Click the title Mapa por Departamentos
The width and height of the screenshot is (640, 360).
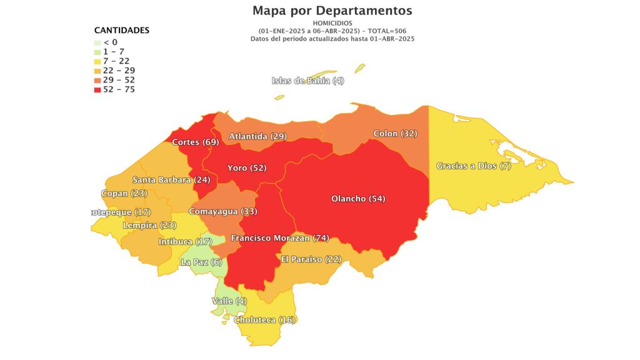pyautogui.click(x=332, y=11)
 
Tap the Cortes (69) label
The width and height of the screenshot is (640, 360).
pyautogui.click(x=195, y=142)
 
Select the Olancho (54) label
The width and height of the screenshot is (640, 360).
pyautogui.click(x=358, y=199)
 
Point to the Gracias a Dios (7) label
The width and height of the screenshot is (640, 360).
pyautogui.click(x=474, y=166)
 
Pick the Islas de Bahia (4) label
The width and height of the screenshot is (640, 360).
pyautogui.click(x=308, y=81)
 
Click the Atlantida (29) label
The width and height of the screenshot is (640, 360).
pyautogui.click(x=257, y=136)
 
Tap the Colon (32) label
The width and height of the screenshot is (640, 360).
pyautogui.click(x=395, y=133)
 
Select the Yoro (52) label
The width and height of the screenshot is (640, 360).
pyautogui.click(x=247, y=167)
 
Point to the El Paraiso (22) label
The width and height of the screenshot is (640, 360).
pyautogui.click(x=311, y=259)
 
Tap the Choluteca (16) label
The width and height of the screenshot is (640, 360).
pyautogui.click(x=264, y=320)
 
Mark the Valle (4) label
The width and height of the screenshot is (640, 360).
pyautogui.click(x=229, y=301)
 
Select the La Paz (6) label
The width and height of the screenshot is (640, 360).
pyautogui.click(x=201, y=262)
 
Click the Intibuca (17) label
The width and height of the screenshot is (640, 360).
pyautogui.click(x=186, y=241)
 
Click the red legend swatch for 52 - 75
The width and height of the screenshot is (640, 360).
pyautogui.click(x=97, y=89)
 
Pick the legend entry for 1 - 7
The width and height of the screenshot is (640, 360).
pyautogui.click(x=114, y=52)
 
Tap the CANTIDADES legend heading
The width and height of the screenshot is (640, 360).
pyautogui.click(x=122, y=30)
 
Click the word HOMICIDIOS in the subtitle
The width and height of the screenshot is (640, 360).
pyautogui.click(x=332, y=23)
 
